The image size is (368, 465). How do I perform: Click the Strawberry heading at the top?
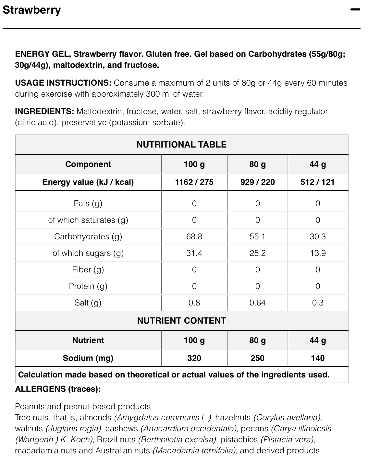[31, 10]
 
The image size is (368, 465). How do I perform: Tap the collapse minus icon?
[355, 10]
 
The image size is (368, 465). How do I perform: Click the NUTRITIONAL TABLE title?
[181, 145]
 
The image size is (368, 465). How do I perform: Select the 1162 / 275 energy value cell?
[194, 182]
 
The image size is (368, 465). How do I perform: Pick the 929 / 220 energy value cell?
[257, 182]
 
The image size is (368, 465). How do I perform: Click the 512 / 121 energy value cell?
[317, 182]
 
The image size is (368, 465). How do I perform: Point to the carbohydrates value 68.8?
[194, 236]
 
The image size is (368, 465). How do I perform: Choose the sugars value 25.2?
[257, 253]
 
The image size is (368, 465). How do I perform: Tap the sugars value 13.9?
[317, 253]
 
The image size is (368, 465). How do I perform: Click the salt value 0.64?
[257, 303]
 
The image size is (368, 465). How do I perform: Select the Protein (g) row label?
[88, 286]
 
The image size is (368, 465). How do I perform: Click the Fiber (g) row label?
[88, 269]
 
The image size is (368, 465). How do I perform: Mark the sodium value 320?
[194, 358]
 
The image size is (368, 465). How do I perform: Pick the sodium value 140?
[317, 358]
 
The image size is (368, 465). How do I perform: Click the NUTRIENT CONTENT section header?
[181, 321]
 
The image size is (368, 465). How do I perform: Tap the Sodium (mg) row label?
[88, 358]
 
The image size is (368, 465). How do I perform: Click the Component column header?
[88, 164]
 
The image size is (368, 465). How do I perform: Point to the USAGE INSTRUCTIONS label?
[63, 83]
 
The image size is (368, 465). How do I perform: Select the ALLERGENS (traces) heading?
[58, 389]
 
